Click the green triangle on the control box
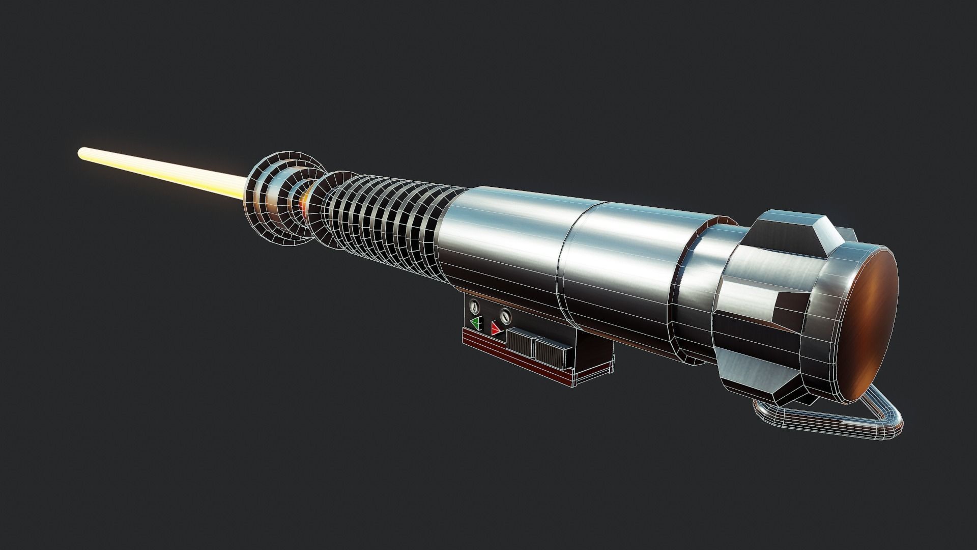[x=477, y=323]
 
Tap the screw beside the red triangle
[x=505, y=317]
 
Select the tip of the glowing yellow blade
[x=81, y=152]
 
